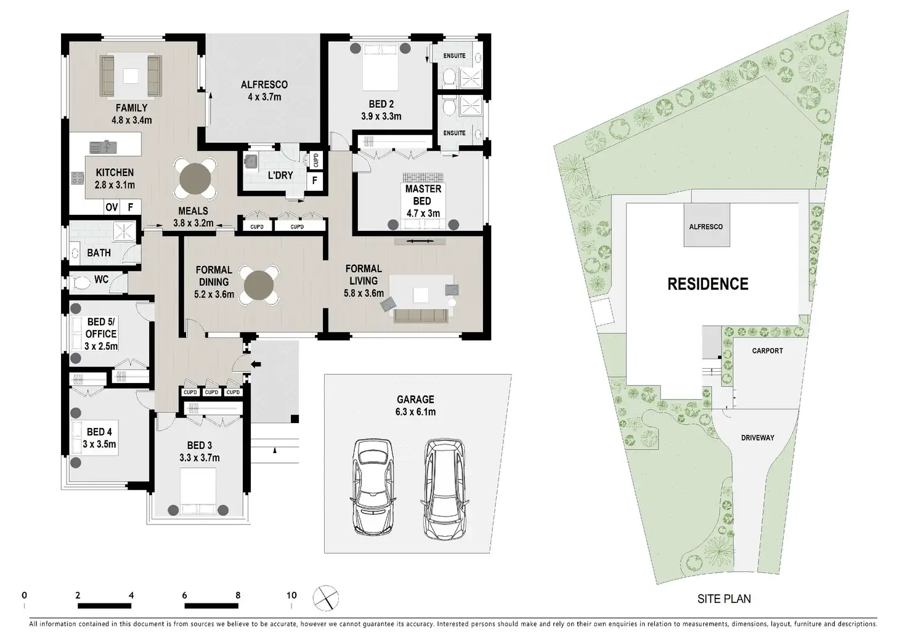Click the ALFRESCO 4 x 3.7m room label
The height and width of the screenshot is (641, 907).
(x=264, y=91)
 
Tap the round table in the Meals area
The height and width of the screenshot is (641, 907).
(x=195, y=179)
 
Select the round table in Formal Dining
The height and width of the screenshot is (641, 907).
(x=259, y=285)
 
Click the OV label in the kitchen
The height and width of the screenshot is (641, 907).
(x=112, y=207)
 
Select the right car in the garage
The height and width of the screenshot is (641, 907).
(x=445, y=489)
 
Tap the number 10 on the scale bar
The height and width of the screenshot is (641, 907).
(x=291, y=595)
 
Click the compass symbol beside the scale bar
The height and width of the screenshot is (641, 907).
(x=325, y=598)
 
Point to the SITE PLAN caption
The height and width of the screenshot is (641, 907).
(x=724, y=599)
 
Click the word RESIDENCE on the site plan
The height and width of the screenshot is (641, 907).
(x=708, y=284)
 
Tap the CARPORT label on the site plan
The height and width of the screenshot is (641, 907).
(x=767, y=351)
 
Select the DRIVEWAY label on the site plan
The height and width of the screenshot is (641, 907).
(x=758, y=438)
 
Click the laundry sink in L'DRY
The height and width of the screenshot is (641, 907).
(x=251, y=161)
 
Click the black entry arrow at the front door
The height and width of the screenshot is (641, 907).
(x=256, y=364)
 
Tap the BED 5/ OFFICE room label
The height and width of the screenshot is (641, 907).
(x=101, y=334)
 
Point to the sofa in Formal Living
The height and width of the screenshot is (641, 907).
(x=421, y=316)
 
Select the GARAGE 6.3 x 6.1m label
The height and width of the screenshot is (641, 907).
(x=415, y=406)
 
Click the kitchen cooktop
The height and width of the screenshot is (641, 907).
(x=78, y=178)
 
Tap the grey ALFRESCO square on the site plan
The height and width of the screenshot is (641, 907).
(x=707, y=225)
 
